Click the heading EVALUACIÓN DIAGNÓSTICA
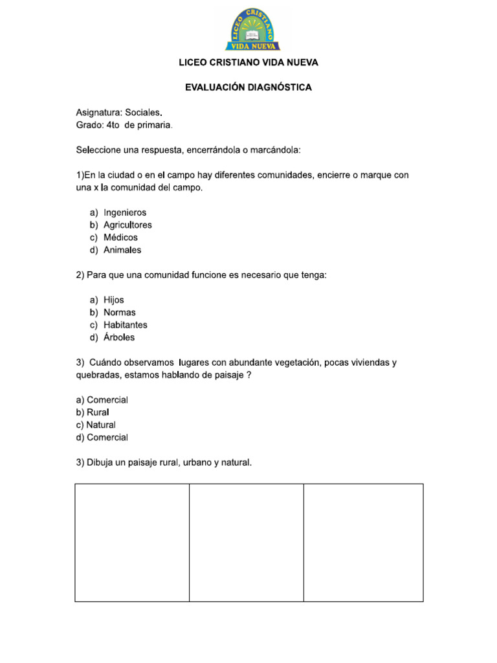[x=248, y=87]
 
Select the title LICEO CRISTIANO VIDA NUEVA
[x=248, y=63]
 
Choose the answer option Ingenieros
[x=125, y=212]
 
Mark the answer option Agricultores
[x=127, y=225]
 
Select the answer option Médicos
[x=120, y=238]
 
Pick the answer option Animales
[x=122, y=250]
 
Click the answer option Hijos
[x=113, y=300]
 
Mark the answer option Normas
[x=120, y=312]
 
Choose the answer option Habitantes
[x=126, y=325]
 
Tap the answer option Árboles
[x=119, y=337]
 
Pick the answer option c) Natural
[x=96, y=425]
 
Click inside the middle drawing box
[x=247, y=543]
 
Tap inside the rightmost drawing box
[x=363, y=543]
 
